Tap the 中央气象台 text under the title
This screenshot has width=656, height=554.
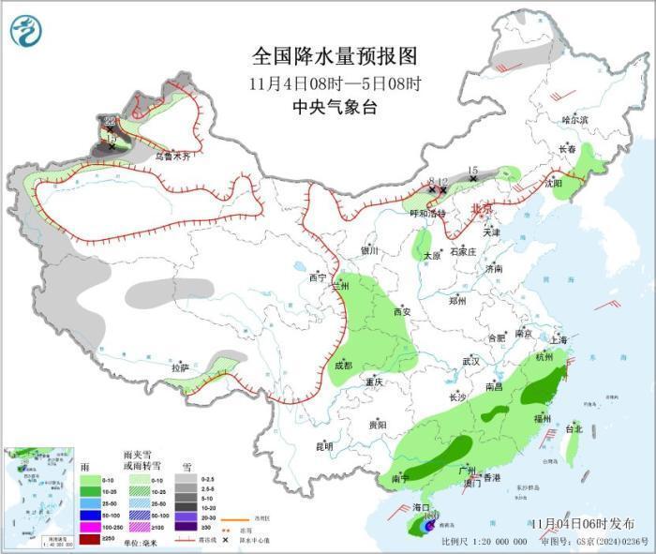pos(333,108)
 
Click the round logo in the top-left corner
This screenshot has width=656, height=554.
pos(26,31)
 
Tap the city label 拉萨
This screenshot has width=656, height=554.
pos(180,368)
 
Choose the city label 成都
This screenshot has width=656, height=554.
pos(342,366)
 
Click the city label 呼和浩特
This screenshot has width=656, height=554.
pos(428,214)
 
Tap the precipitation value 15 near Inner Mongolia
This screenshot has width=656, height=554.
pos(472,169)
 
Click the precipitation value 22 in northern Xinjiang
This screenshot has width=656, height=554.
pos(111,121)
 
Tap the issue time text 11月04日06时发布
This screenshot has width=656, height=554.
pos(580,523)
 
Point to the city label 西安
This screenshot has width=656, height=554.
pos(402,312)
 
